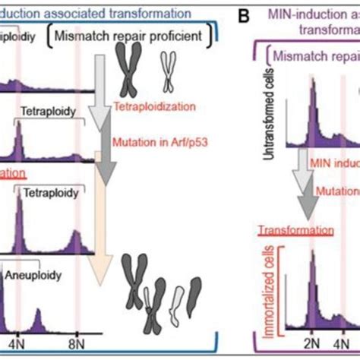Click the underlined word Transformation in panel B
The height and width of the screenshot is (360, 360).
click(295, 229)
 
